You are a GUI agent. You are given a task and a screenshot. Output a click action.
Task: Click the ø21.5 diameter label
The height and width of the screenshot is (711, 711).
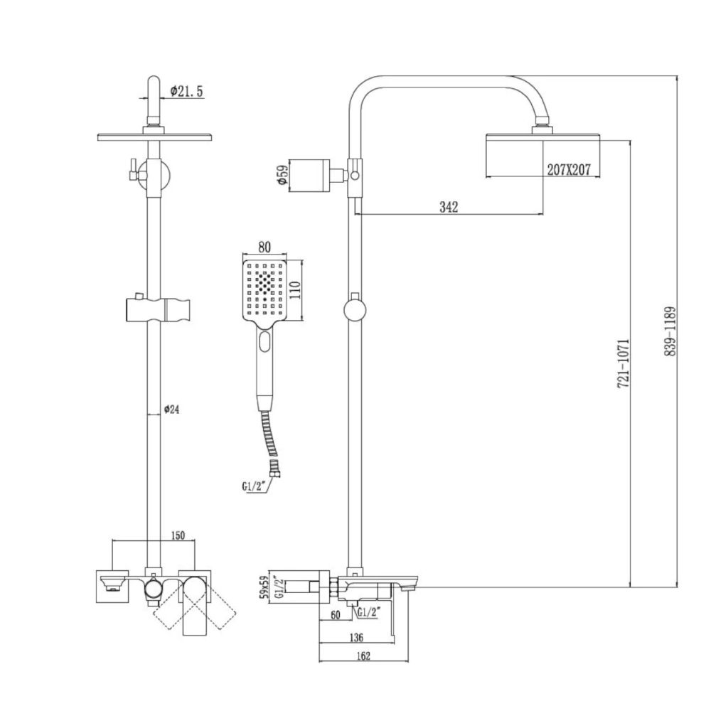(x=187, y=91)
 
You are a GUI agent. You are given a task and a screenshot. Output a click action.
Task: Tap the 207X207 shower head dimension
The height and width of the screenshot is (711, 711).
(x=569, y=171)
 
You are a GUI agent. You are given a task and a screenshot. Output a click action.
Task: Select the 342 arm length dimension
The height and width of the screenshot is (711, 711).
(x=449, y=207)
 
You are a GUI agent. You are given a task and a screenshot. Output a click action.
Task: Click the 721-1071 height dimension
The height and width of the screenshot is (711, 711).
(x=624, y=363)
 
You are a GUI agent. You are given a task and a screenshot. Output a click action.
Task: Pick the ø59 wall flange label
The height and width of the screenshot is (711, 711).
(x=282, y=176)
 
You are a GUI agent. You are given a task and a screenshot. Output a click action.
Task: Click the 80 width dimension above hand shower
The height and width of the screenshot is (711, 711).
(x=264, y=247)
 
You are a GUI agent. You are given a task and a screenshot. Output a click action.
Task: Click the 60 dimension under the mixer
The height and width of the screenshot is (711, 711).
(x=335, y=616)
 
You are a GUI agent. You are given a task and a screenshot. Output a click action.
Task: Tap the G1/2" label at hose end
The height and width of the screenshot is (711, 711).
(x=252, y=487)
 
